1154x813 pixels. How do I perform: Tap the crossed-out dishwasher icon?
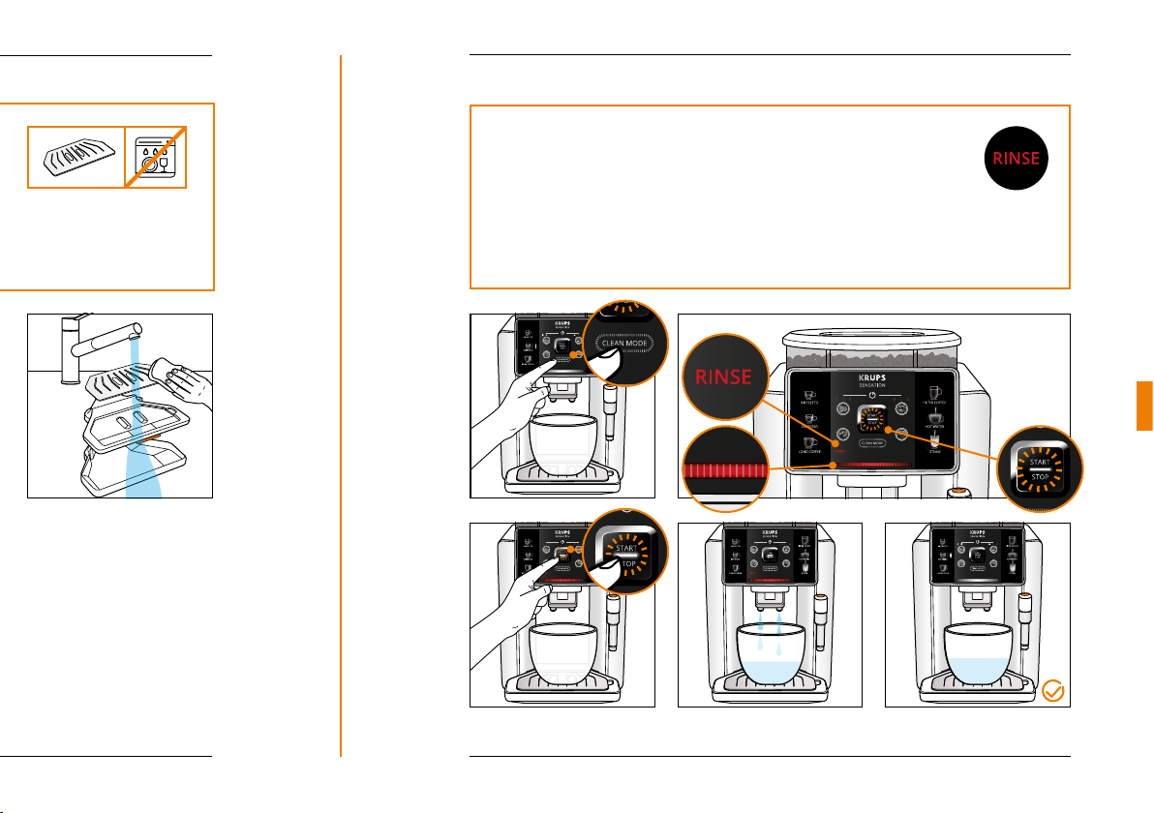[156, 156]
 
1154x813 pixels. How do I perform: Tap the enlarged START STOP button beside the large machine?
[1039, 469]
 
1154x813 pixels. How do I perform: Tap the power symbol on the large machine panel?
[872, 395]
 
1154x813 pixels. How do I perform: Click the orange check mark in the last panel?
[1054, 691]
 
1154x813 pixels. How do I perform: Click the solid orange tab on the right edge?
[1144, 406]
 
